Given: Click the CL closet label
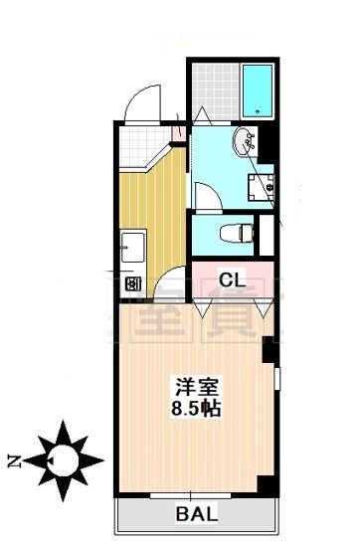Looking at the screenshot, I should point(231,279).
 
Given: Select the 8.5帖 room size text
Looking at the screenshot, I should point(194,408).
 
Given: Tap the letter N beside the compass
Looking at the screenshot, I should point(14,459).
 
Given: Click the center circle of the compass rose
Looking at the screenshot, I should point(67,459).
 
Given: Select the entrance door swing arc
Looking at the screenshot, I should point(140,99).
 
